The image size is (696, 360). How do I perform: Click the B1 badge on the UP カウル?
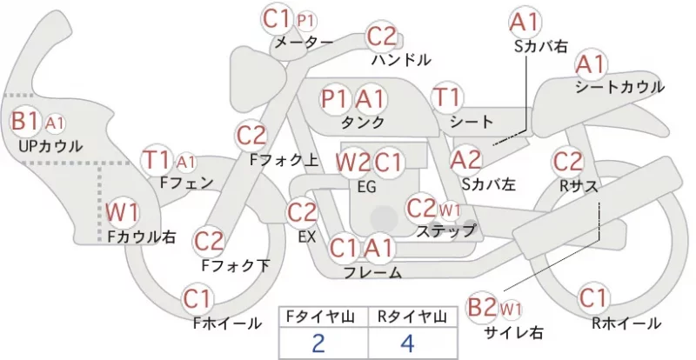click(26, 121)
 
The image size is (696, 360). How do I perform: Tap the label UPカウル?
click(50, 146)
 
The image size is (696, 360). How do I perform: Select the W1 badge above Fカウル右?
click(122, 212)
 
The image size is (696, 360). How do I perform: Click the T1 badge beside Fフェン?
click(157, 160)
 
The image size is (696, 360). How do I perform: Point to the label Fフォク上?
click(284, 160)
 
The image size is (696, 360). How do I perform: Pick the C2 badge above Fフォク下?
click(209, 242)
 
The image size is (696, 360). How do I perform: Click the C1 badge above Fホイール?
click(197, 299)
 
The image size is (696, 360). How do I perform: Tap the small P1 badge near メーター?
click(307, 20)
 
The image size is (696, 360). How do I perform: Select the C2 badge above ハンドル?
click(382, 37)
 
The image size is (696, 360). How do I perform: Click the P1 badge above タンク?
click(336, 99)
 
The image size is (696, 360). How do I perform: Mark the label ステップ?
click(445, 230)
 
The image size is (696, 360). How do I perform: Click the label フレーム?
click(373, 272)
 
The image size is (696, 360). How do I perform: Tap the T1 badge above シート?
click(447, 97)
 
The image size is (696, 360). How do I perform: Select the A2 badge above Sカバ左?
click(465, 160)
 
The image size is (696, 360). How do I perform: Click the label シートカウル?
click(620, 87)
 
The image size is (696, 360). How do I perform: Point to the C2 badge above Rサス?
click(568, 161)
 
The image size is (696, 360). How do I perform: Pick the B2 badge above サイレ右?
click(482, 307)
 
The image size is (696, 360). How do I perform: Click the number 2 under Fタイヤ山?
click(318, 343)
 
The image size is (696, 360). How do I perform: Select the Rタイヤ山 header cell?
click(412, 317)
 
